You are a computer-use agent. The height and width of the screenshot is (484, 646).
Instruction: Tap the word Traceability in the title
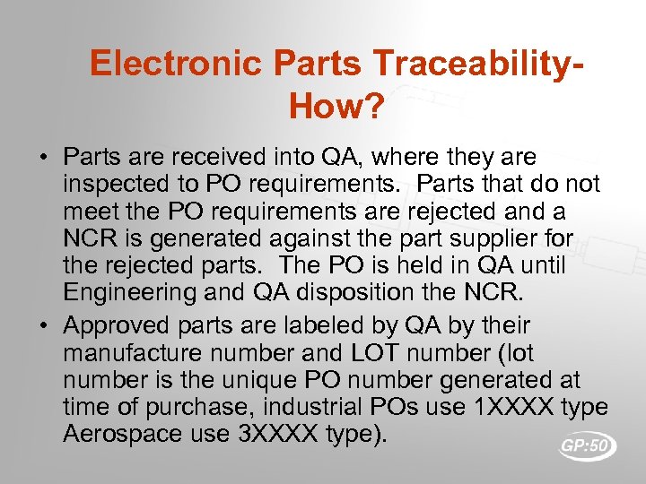pos(473,65)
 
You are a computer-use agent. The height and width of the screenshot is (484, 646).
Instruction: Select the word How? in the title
pos(336,108)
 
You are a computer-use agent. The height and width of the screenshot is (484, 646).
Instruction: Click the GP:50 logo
pos(587,445)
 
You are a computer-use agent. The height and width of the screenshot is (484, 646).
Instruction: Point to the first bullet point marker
pos(43,159)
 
